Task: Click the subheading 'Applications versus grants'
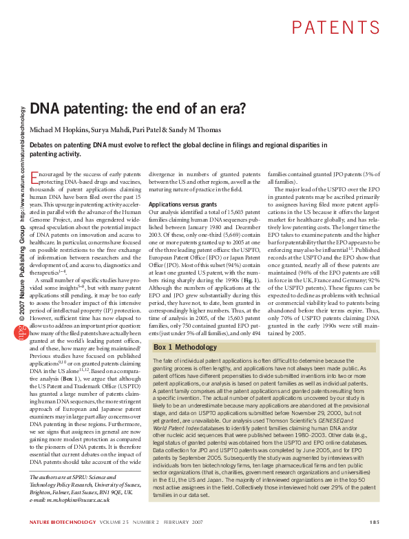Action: pyautogui.click(x=180, y=205)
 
